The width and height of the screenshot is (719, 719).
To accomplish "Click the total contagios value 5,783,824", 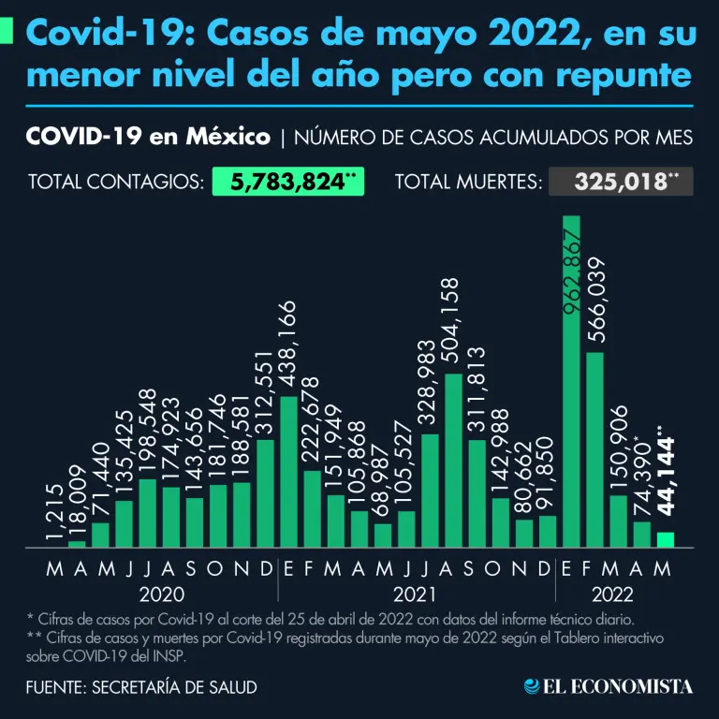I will pos(286,181).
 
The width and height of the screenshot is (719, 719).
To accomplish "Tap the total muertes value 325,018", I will pos(621,181).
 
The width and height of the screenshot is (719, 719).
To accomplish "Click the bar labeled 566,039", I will pos(594,449).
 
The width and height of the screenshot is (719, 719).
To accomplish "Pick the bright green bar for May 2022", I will pos(665,539).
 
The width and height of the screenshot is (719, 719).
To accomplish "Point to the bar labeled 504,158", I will pos(453,460).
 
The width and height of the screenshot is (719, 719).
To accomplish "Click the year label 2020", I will pos(160,594).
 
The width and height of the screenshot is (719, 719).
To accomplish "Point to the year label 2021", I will pos(418,594).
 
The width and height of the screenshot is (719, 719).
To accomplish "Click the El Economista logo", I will pos(609,687).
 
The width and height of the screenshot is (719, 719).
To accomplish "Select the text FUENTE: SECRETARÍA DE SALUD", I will pos(142,687).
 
